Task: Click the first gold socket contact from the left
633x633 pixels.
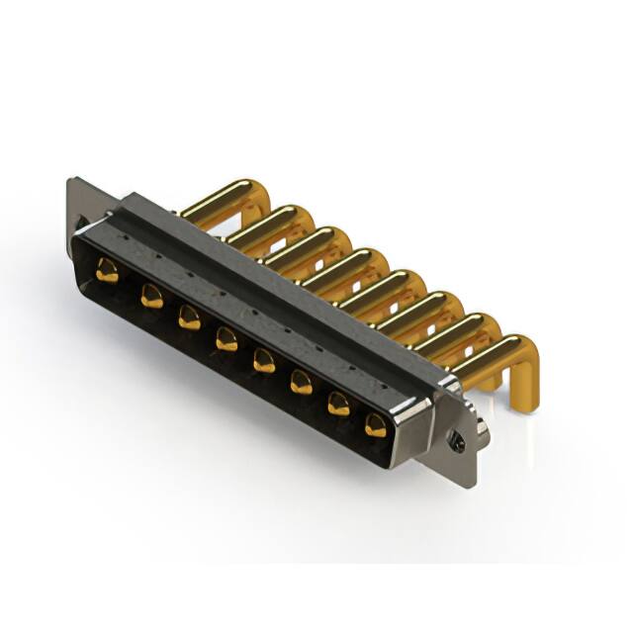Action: tap(107, 270)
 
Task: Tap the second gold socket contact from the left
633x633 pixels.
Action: tap(150, 294)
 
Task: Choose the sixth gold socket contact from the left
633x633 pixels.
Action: tap(301, 382)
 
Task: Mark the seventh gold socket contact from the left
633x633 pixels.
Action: tap(338, 404)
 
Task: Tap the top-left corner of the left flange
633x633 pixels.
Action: tap(71, 181)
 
